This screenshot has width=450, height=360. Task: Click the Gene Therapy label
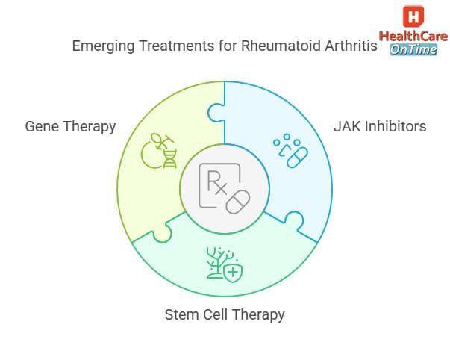click(x=70, y=126)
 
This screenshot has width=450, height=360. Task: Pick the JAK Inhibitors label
click(x=380, y=126)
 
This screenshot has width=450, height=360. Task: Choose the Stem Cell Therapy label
click(x=225, y=314)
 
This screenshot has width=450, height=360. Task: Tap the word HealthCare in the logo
click(x=413, y=36)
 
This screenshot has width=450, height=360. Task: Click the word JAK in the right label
click(x=346, y=126)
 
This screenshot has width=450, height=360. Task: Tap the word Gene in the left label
click(x=41, y=126)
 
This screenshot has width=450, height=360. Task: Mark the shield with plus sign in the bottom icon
click(x=234, y=271)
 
